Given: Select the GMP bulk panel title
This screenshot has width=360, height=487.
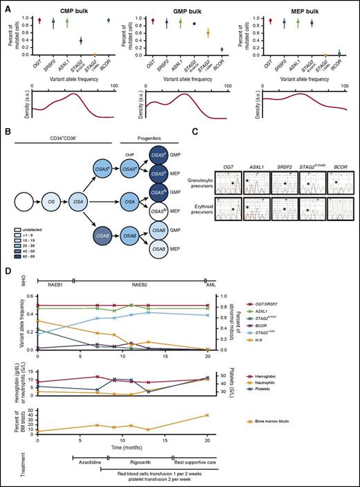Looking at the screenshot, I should click(180, 6).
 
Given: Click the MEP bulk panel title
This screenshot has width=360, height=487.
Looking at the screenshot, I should click(294, 6).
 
